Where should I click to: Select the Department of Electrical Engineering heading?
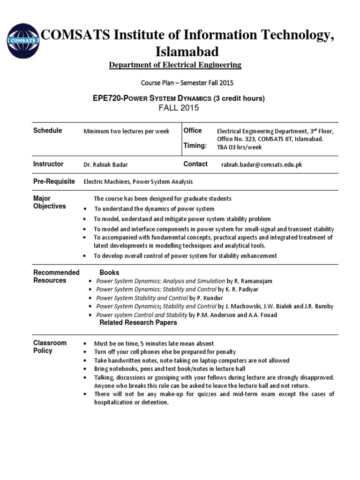click(x=175, y=65)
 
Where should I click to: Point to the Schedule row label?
click(x=47, y=131)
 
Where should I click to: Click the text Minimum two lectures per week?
click(x=126, y=131)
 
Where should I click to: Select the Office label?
click(x=193, y=131)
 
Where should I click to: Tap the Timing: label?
click(x=195, y=146)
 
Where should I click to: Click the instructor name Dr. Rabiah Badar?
click(x=106, y=165)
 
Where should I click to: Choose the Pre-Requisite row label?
click(x=54, y=181)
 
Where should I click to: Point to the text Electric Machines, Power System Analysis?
click(x=138, y=182)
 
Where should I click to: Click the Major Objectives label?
click(x=49, y=202)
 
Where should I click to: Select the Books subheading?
click(x=109, y=272)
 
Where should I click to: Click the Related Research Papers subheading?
click(x=138, y=322)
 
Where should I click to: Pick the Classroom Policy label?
click(x=50, y=347)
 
